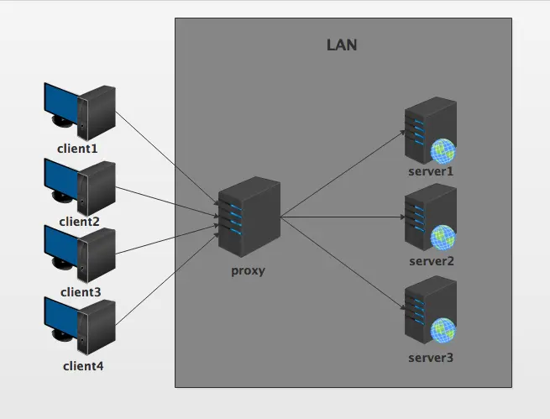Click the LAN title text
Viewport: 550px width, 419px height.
(x=342, y=45)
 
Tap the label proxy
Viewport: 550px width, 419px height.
(x=248, y=271)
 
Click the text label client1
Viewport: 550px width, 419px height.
(x=78, y=149)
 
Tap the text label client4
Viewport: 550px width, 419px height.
(x=83, y=366)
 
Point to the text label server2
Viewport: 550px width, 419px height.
(x=432, y=261)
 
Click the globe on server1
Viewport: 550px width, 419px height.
(x=443, y=151)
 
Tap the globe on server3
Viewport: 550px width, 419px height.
(x=443, y=333)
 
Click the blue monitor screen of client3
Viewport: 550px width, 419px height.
(x=61, y=244)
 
